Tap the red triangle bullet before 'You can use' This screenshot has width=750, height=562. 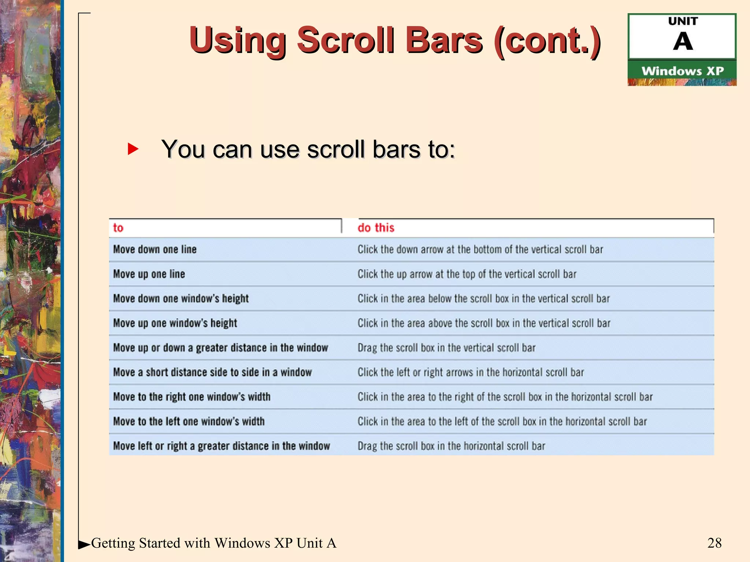pyautogui.click(x=133, y=149)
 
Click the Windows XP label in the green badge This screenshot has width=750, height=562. pyautogui.click(x=682, y=71)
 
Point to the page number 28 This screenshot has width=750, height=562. pyautogui.click(x=714, y=543)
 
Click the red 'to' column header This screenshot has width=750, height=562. pyautogui.click(x=118, y=228)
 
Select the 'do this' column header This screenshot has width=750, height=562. pyautogui.click(x=376, y=228)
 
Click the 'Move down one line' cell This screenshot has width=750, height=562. pyautogui.click(x=155, y=250)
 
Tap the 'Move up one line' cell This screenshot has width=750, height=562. pyautogui.click(x=149, y=274)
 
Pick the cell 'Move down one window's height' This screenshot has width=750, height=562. pyautogui.click(x=181, y=299)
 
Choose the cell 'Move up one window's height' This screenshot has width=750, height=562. pyautogui.click(x=175, y=323)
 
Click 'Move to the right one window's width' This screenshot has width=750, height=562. pyautogui.click(x=192, y=397)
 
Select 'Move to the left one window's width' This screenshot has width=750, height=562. pyautogui.click(x=189, y=421)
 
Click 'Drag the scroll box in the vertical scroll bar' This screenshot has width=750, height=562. pyautogui.click(x=446, y=348)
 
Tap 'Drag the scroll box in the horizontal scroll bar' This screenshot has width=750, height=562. pyautogui.click(x=451, y=446)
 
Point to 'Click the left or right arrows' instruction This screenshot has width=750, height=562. pyautogui.click(x=471, y=372)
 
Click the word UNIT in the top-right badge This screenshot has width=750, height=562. pyautogui.click(x=683, y=21)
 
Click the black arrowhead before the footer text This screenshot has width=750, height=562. pyautogui.click(x=84, y=544)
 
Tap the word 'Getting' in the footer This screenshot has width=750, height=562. pyautogui.click(x=113, y=543)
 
